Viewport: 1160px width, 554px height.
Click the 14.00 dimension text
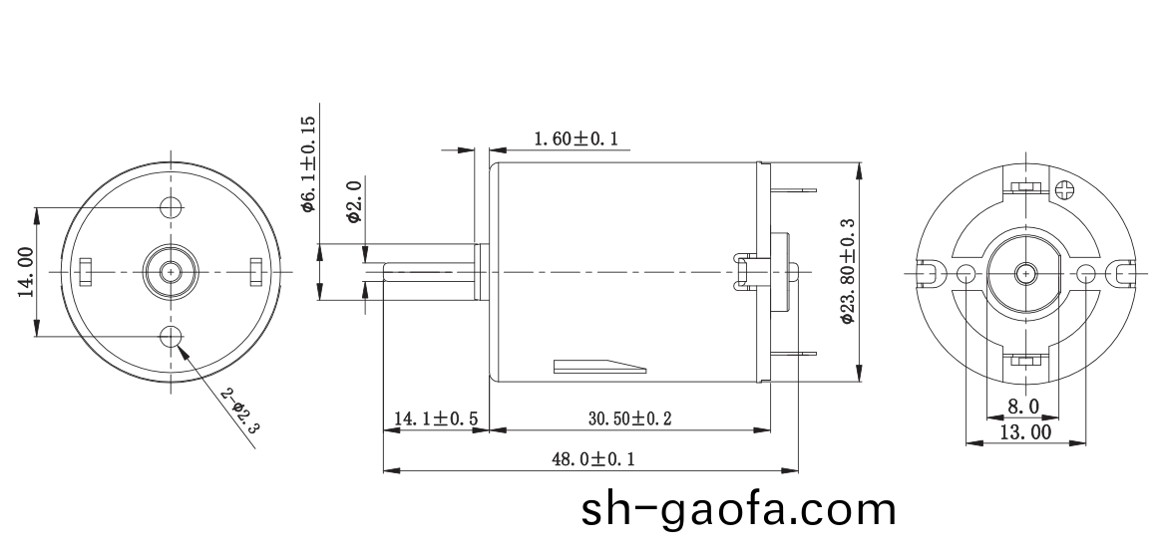[25, 272]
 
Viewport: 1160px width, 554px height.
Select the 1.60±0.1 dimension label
[576, 139]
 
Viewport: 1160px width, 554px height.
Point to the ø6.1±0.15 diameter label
[308, 163]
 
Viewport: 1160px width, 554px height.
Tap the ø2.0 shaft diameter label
[352, 202]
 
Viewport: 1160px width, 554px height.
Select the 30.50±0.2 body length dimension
[628, 419]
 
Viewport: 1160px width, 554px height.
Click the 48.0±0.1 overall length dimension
[592, 459]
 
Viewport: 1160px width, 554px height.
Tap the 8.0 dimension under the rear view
[1022, 407]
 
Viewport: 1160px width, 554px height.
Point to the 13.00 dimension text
[1025, 432]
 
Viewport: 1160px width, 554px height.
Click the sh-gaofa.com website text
[738, 510]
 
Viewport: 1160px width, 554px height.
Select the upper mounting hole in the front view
[172, 207]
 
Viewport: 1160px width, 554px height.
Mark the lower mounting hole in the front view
[172, 335]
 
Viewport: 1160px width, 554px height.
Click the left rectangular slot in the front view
[86, 270]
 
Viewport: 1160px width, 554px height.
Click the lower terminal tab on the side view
[796, 354]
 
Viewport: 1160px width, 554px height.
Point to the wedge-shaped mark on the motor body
[598, 366]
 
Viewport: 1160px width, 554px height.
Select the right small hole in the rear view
[1086, 273]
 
